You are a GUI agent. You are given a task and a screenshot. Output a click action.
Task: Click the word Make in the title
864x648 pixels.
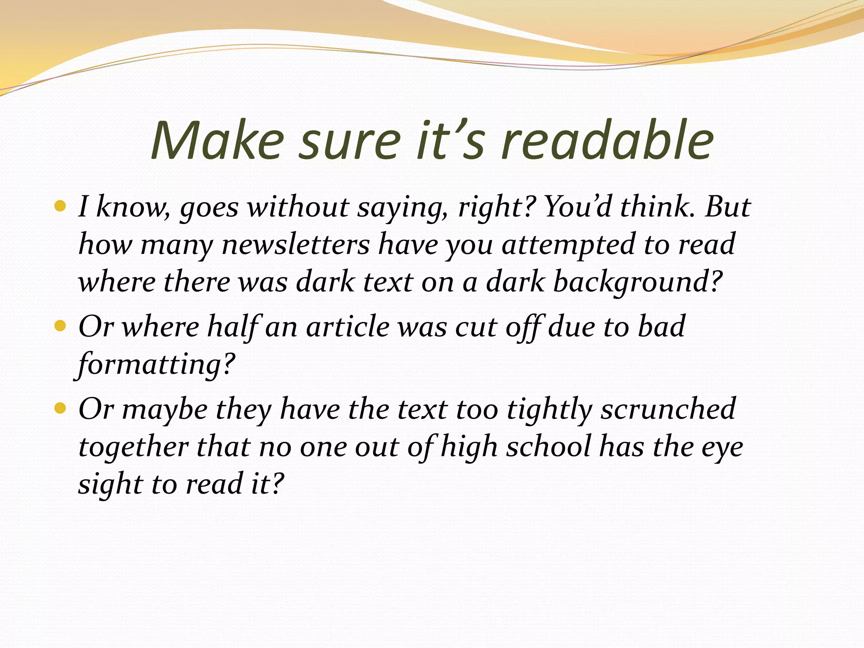tap(217, 140)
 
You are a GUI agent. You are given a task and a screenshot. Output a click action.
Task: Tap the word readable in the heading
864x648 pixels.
tap(608, 140)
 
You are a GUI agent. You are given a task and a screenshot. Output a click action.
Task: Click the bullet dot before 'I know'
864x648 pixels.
tap(61, 206)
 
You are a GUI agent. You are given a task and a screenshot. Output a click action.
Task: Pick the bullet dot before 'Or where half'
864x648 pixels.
tap(61, 326)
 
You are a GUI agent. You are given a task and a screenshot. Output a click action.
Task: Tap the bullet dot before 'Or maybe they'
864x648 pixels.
tap(61, 408)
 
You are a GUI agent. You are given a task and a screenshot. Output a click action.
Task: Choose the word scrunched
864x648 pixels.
tap(668, 409)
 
